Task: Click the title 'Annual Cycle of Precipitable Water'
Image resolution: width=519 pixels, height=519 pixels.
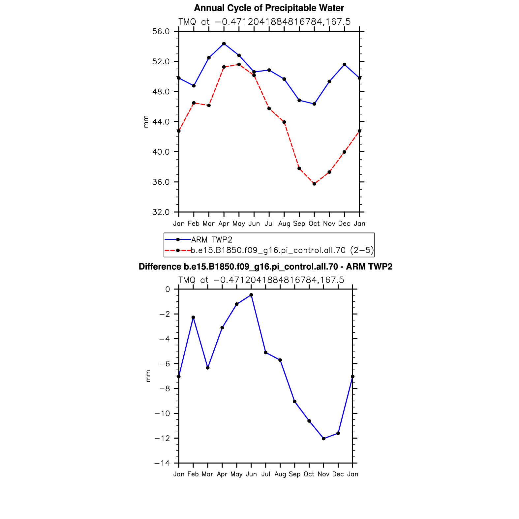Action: pyautogui.click(x=269, y=8)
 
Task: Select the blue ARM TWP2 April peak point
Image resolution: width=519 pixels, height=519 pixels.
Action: pyautogui.click(x=224, y=44)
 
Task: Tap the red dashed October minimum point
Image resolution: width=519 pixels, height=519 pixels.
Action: pyautogui.click(x=314, y=184)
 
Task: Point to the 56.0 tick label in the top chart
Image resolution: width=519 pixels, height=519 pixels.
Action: pyautogui.click(x=161, y=32)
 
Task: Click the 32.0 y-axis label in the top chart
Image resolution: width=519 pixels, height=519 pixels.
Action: pyautogui.click(x=161, y=212)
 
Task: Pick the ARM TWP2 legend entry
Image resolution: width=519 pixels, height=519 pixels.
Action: pyautogui.click(x=212, y=240)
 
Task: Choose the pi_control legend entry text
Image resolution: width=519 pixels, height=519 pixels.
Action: pyautogui.click(x=282, y=250)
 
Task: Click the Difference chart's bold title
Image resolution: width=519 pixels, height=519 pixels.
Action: pyautogui.click(x=265, y=266)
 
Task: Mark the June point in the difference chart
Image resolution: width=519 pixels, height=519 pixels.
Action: pyautogui.click(x=251, y=295)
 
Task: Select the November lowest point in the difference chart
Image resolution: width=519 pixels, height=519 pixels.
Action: pyautogui.click(x=323, y=439)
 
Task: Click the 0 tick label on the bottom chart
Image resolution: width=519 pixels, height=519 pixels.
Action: pyautogui.click(x=168, y=289)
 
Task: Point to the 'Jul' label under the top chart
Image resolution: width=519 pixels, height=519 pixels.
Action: pyautogui.click(x=269, y=224)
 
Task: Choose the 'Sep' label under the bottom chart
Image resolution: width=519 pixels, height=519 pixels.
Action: pyautogui.click(x=294, y=474)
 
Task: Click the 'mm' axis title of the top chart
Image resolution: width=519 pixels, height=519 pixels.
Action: pyautogui.click(x=146, y=122)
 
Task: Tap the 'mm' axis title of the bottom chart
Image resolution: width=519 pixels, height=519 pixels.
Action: pyautogui.click(x=148, y=376)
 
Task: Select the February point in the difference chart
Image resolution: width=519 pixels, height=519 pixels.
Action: pyautogui.click(x=193, y=318)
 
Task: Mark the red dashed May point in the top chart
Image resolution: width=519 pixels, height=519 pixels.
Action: pyautogui.click(x=239, y=65)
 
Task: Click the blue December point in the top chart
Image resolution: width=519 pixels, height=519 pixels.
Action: pyautogui.click(x=345, y=65)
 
